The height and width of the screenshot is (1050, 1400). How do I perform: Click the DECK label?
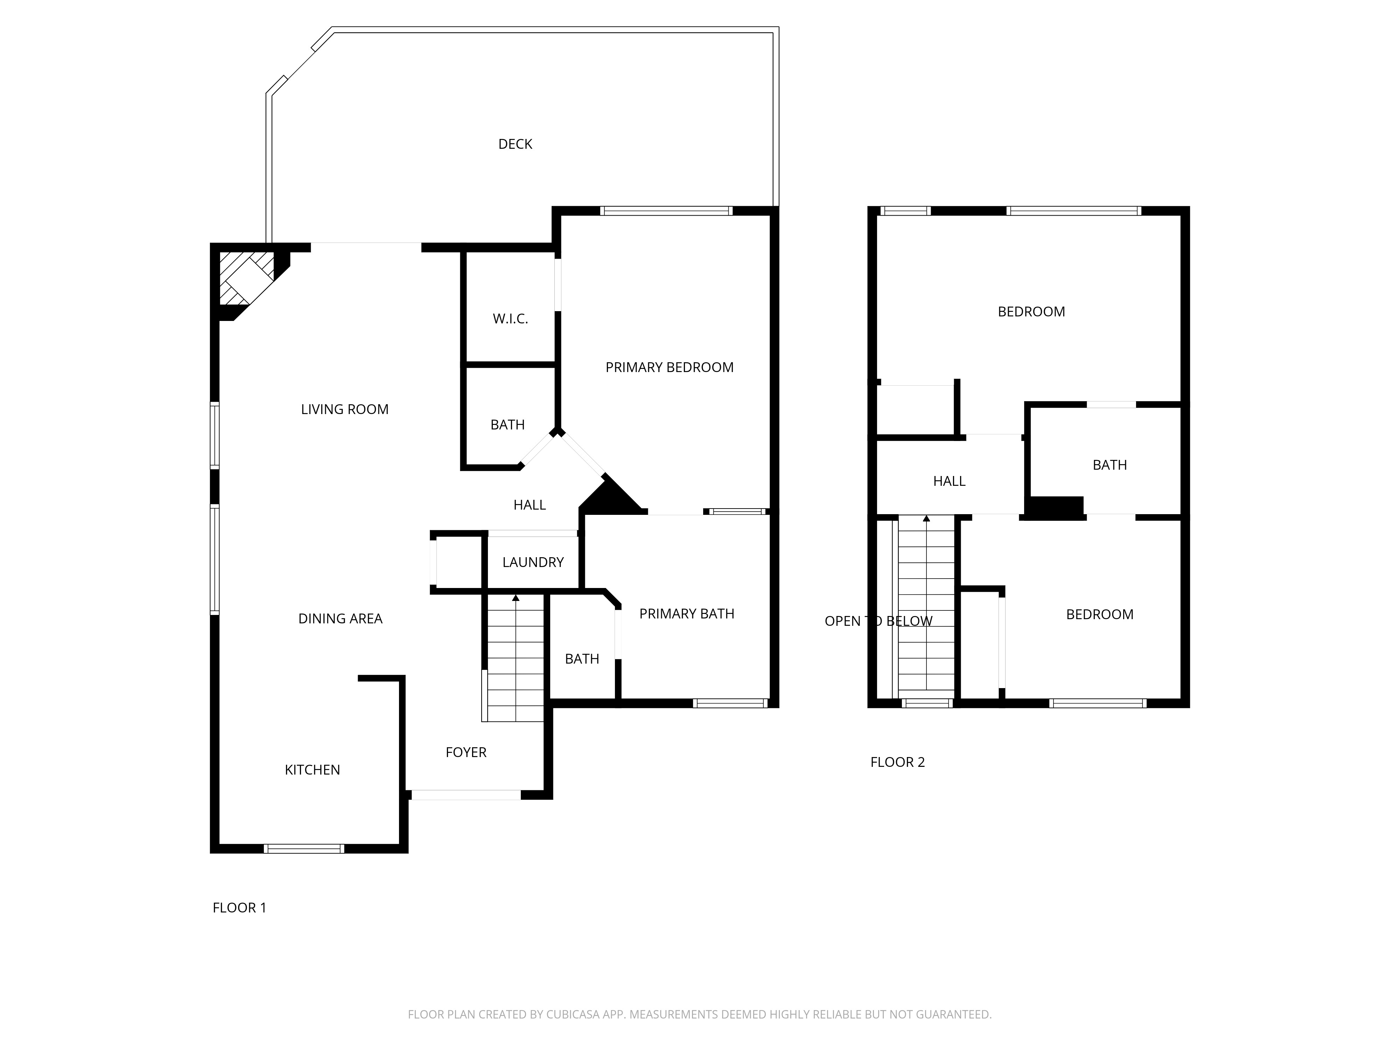tap(515, 144)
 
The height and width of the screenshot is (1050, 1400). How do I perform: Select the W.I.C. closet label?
tap(510, 319)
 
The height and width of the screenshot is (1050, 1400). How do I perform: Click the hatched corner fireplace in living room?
tap(247, 279)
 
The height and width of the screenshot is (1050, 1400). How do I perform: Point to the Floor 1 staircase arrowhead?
tap(516, 597)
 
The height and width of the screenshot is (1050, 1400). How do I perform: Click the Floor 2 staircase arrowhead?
tap(926, 518)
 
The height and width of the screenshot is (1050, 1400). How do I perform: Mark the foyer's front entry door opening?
tap(466, 795)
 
